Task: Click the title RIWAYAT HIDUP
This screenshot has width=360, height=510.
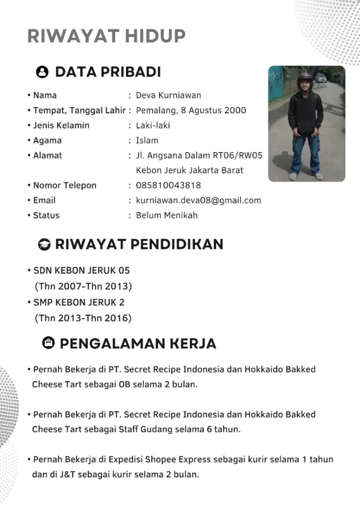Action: click(106, 36)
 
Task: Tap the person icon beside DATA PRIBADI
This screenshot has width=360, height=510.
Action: click(43, 72)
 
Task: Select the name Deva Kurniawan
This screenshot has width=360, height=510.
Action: click(168, 95)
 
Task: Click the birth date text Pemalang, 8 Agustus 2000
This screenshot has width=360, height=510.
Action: click(191, 110)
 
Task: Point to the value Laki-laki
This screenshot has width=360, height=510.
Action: click(153, 125)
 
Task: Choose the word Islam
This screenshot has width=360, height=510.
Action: click(147, 140)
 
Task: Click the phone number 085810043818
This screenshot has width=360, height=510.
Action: click(168, 185)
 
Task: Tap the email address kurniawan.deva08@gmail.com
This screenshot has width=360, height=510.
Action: click(198, 200)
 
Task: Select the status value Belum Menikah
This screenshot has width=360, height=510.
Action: click(167, 215)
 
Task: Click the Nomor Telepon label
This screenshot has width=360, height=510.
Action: click(64, 185)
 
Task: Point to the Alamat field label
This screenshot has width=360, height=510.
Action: click(47, 156)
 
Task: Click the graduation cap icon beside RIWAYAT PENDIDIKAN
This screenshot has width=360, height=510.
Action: click(45, 245)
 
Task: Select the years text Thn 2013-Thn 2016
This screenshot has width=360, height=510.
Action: click(83, 318)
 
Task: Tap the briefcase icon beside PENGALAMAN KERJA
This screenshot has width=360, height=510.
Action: click(48, 343)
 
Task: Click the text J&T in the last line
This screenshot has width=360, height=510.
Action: click(67, 474)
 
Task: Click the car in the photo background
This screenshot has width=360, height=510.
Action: click(320, 78)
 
